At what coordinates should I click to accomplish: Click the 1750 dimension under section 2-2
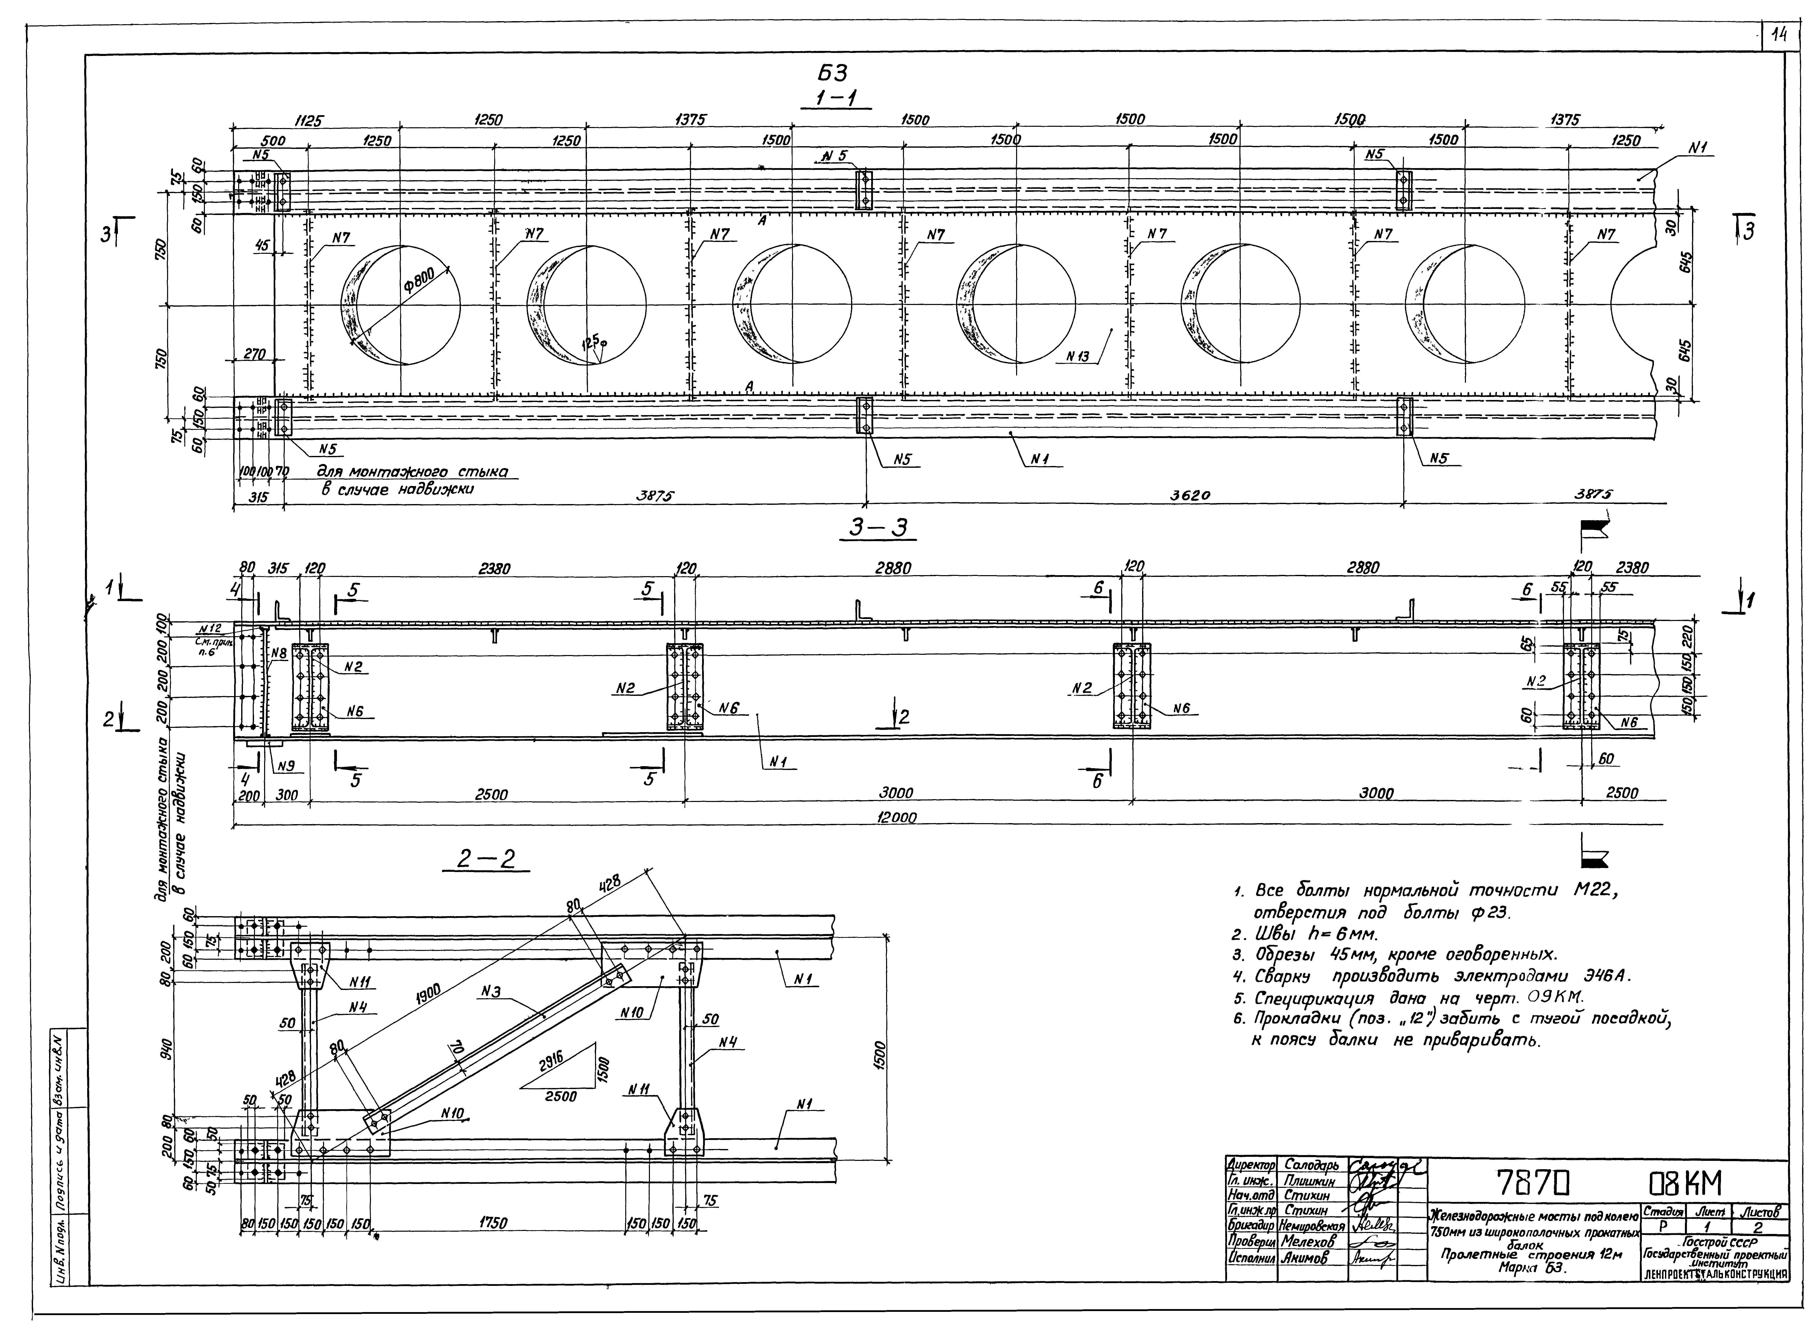tap(492, 1223)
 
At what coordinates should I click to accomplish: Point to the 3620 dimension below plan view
tap(1190, 496)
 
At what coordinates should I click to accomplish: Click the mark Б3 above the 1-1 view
tap(833, 73)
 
